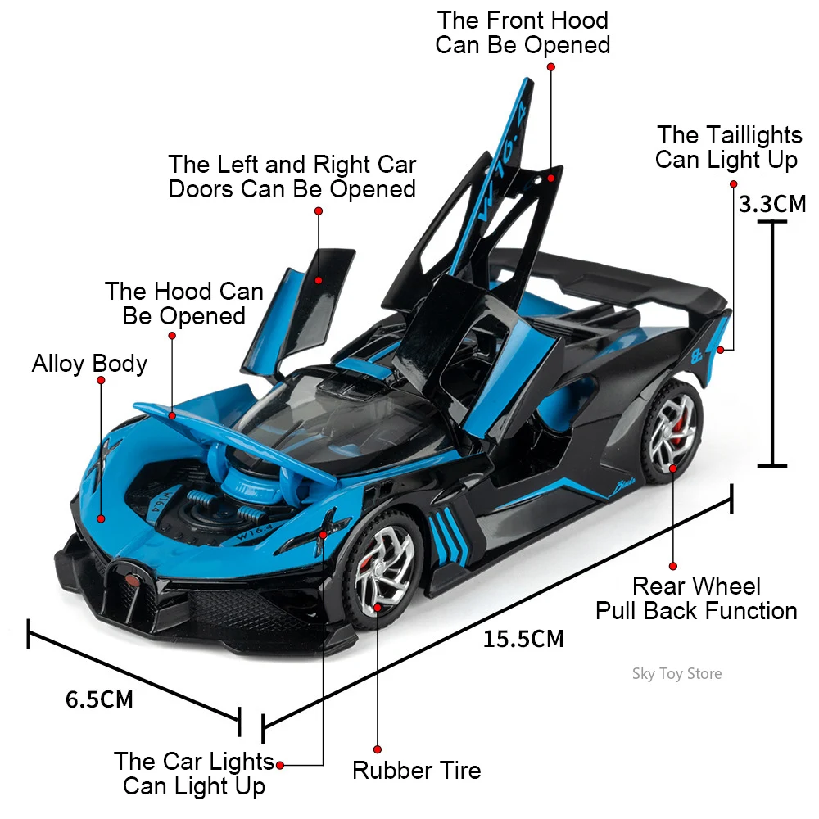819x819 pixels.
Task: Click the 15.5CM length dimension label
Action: point(523,638)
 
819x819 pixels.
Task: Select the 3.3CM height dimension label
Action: point(771,203)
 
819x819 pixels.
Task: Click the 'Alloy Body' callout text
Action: point(89,364)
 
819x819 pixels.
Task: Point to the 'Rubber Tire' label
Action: point(416,770)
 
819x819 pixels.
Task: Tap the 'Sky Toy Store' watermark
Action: point(676,674)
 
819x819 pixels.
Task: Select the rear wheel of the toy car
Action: point(671,428)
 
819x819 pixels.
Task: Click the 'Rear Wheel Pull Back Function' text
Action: point(696,599)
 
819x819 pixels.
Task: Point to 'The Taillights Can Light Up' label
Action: point(726,147)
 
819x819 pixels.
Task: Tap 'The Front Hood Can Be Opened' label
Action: point(523,32)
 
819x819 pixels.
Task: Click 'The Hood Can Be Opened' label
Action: point(184,303)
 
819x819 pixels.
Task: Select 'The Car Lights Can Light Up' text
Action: point(194,774)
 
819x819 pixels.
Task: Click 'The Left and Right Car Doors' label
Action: point(292,177)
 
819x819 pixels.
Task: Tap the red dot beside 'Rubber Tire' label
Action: point(378,749)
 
